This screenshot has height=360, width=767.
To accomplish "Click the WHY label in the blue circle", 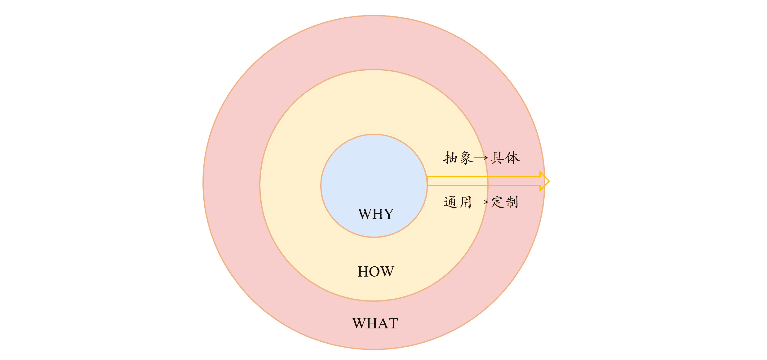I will pos(376,214).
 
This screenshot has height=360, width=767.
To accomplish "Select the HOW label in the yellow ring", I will pos(376,272).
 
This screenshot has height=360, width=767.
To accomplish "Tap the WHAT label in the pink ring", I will pos(375,323).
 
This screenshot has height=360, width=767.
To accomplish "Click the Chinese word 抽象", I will pos(458,158).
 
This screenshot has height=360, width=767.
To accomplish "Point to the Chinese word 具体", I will pos(505,158).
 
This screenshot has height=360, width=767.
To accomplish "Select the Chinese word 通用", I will pos(458,202).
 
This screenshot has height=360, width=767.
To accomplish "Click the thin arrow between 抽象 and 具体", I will pos(481,158).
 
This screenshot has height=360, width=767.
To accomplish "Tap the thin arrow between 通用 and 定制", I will pos(481,202).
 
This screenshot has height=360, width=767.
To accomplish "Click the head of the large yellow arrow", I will pos(544,181).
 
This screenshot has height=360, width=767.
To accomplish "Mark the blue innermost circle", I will pos(374,174).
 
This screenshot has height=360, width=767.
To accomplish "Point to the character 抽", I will pos(450,158).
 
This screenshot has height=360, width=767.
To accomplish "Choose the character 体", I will pos(512,158).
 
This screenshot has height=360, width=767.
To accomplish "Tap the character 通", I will pos(450,202).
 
